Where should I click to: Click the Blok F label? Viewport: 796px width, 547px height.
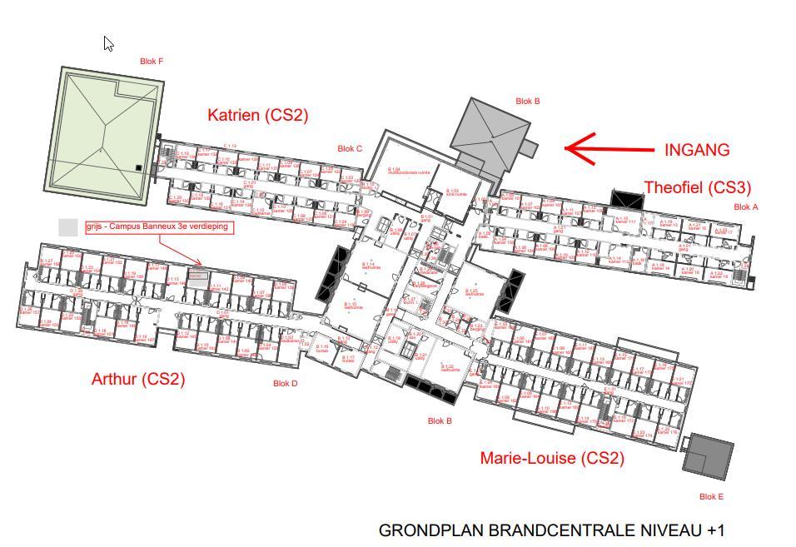[x=151, y=61]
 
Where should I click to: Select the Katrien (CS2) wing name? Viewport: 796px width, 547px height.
[x=257, y=116]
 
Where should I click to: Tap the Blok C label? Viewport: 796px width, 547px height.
[x=350, y=149]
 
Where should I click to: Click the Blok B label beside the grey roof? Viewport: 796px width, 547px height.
[x=528, y=102]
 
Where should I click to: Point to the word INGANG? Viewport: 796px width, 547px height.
[x=697, y=150]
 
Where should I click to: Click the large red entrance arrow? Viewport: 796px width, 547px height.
[x=607, y=149]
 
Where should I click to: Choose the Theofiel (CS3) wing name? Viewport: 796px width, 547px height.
[x=697, y=187]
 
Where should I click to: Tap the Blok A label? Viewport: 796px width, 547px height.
[x=746, y=206]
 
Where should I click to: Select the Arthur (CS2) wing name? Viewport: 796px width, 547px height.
[x=138, y=379]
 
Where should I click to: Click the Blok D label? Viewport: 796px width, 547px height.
[x=285, y=384]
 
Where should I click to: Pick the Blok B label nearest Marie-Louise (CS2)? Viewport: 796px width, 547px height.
[x=440, y=420]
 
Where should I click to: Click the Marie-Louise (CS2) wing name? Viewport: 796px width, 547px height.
[x=552, y=458]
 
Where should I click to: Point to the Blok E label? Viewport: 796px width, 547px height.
[x=711, y=496]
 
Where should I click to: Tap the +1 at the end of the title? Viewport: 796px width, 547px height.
[x=715, y=530]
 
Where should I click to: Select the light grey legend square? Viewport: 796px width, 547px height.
[x=68, y=226]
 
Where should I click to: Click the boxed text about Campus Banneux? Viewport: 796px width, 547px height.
[x=157, y=226]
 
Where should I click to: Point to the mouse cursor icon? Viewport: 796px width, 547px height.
[x=108, y=43]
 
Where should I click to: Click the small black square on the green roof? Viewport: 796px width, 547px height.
[x=138, y=168]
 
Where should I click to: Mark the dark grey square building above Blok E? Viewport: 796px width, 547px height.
[x=709, y=456]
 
